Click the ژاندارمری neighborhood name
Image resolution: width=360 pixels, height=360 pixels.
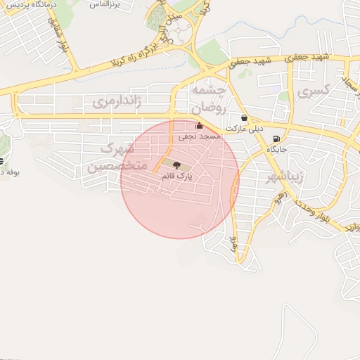[117, 102]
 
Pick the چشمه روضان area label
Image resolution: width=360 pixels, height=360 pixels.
[208, 99]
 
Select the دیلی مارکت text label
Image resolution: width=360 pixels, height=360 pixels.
[247, 129]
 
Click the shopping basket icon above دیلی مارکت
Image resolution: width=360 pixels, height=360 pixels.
[243, 118]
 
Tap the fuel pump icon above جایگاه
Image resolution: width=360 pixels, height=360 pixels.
[276, 139]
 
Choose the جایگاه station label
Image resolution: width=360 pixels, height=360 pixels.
[277, 149]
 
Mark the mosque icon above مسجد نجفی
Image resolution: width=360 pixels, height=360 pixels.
[199, 127]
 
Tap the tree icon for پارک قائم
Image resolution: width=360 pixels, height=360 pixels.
[176, 165]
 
